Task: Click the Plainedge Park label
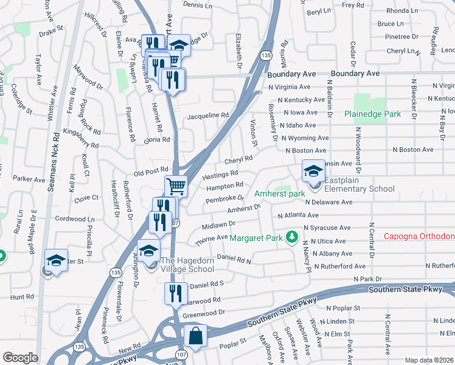(372, 114)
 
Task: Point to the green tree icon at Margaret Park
(293, 236)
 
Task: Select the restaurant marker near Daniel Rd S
(175, 293)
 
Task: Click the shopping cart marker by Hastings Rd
(176, 186)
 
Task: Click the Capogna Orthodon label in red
(419, 237)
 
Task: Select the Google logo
(20, 358)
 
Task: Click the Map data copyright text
(428, 360)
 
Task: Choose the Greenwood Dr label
(204, 313)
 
